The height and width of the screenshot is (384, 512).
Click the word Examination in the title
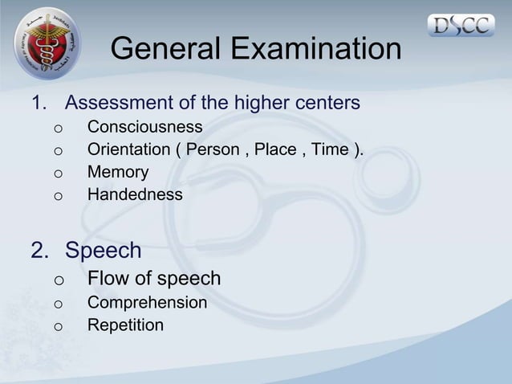pos(316,50)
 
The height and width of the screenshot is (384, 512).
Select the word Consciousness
pos(144,127)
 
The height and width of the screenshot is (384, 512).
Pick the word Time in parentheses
pos(330,149)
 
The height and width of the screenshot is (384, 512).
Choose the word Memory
pos(118,172)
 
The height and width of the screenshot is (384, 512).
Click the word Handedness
pos(134,194)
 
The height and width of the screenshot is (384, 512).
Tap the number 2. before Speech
pos(39,251)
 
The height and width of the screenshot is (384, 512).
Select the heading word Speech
pos(103,251)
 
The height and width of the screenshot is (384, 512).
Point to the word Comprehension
pos(147,303)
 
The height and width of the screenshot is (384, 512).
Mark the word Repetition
pos(125,325)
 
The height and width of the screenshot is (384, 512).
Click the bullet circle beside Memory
pos(58,174)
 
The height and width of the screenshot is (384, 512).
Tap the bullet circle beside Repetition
pos(58,327)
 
